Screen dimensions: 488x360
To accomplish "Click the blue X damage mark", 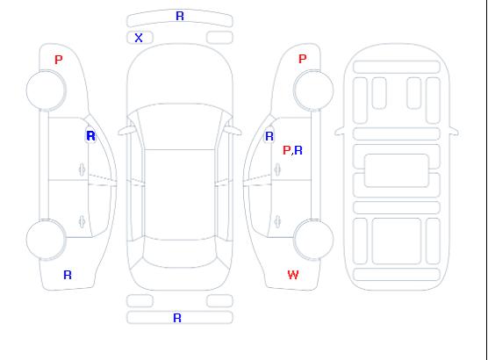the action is (139, 38).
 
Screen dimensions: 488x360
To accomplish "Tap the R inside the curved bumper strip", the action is (180, 16).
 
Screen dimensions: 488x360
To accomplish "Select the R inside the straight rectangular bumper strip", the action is (177, 318).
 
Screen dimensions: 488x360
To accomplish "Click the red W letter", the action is (293, 275).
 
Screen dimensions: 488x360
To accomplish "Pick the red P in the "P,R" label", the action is (286, 150).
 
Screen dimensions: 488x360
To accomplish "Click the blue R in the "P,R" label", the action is (298, 150).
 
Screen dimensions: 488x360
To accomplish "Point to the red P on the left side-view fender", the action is (59, 60).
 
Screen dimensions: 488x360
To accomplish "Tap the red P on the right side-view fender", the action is (303, 59).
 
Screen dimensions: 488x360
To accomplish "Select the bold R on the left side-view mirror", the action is (91, 136).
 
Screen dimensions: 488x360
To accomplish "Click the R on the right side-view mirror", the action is (269, 136).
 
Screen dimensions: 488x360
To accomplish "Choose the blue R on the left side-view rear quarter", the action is (68, 275).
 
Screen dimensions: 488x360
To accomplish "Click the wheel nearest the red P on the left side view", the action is (46, 90).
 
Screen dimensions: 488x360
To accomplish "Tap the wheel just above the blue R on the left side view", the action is (46, 240).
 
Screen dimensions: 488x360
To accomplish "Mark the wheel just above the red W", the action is (313, 239).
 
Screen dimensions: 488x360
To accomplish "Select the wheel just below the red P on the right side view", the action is (313, 90).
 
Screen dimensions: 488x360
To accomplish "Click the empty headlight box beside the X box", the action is (219, 38).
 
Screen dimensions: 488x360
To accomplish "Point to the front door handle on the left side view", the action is (82, 169).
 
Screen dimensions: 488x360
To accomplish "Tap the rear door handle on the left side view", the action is (82, 221).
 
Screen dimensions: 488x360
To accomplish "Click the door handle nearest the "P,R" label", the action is (277, 169).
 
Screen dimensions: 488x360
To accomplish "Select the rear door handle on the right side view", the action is (277, 221).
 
